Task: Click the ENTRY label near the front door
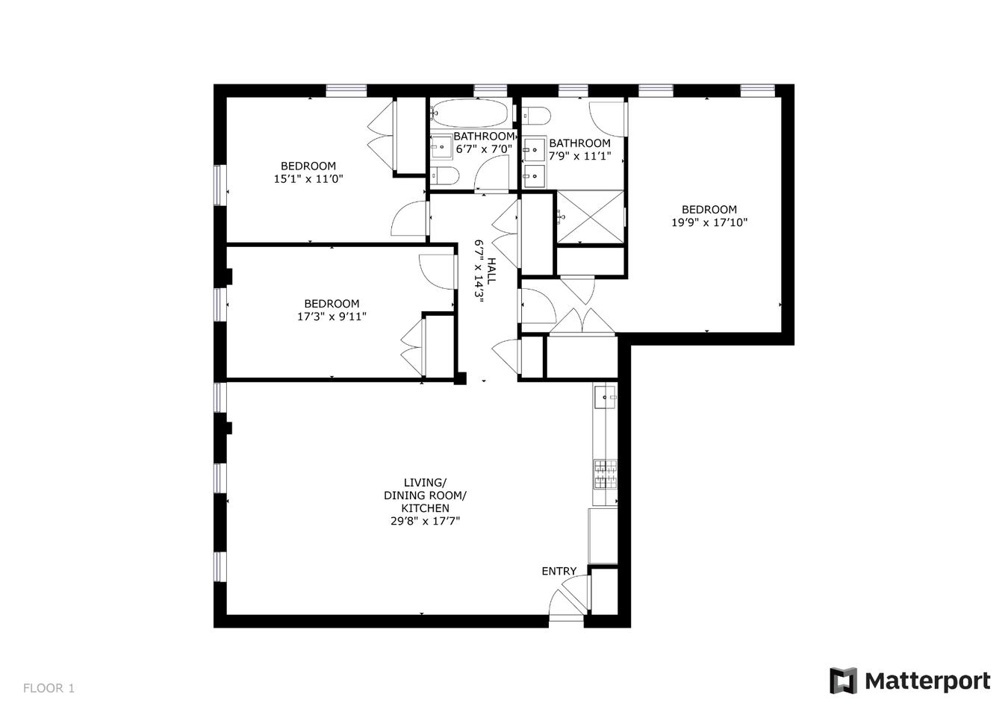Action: point(559,571)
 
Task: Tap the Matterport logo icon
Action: point(843,680)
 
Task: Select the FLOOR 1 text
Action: point(49,688)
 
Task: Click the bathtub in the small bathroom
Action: point(470,113)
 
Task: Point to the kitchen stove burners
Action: point(606,473)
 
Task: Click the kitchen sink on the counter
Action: point(605,398)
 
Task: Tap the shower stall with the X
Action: point(590,216)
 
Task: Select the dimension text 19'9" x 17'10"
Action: point(709,222)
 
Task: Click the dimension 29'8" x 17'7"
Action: point(425,522)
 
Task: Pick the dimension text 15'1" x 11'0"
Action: point(308,179)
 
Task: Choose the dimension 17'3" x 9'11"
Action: point(332,316)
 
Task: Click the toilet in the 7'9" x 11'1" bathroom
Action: point(536,116)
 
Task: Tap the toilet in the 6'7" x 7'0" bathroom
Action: point(445,177)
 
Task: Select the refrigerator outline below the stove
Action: point(603,535)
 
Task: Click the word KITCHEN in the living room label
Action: point(425,508)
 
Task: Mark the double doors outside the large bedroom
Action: point(582,320)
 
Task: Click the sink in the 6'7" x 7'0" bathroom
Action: point(442,146)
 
